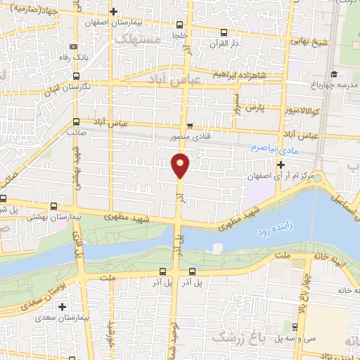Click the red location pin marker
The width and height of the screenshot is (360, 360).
(181, 165)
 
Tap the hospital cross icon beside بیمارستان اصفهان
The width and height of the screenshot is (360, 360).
(114, 12)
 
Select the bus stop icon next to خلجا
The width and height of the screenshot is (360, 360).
(181, 32)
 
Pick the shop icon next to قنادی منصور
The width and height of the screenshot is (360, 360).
(190, 127)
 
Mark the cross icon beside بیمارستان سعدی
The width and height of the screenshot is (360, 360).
(63, 307)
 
